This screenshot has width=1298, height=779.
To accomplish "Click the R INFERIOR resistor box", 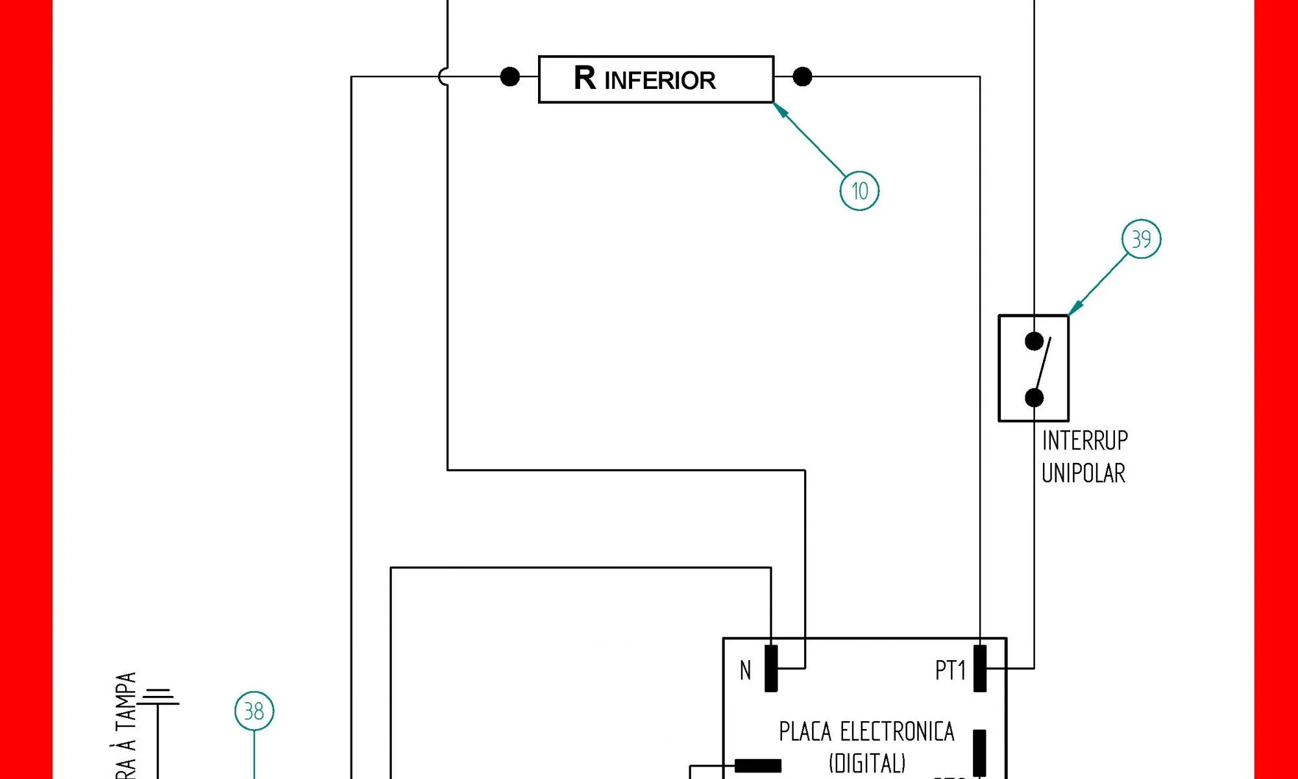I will click(655, 79).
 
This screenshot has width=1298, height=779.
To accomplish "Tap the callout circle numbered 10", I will click(859, 191).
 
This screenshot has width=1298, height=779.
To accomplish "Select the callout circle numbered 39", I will click(1141, 239).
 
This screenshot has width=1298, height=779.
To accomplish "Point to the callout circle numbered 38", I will click(254, 711).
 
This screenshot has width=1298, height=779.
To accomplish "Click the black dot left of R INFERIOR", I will click(510, 77).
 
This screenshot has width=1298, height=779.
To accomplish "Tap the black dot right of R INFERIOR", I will click(802, 77).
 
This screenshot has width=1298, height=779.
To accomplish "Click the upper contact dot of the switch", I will click(1034, 341).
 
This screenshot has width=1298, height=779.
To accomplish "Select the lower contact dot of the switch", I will click(1034, 397).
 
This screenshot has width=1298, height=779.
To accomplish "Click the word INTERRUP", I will click(1084, 441).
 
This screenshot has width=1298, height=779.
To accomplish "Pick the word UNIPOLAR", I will click(1083, 473).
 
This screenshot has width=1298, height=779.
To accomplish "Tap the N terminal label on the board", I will click(746, 670).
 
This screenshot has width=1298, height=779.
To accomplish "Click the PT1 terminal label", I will click(950, 670).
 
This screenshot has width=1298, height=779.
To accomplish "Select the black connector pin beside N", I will click(771, 668).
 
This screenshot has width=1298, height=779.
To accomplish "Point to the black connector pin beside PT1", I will click(980, 668).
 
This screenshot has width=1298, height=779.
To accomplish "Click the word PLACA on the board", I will click(805, 732).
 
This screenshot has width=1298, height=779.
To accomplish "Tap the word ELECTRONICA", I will click(897, 732).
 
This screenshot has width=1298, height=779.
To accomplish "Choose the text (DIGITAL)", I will click(866, 763).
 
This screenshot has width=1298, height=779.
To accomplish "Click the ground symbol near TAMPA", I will click(158, 697).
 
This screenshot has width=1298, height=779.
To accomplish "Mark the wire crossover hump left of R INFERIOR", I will click(443, 77).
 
